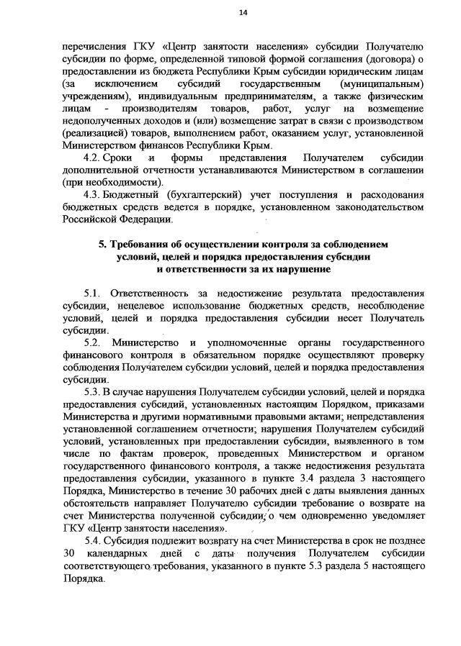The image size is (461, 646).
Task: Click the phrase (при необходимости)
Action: click(x=109, y=183)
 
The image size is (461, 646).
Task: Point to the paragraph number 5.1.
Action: click(x=94, y=295)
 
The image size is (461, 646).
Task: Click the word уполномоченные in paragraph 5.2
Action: click(x=244, y=342)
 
